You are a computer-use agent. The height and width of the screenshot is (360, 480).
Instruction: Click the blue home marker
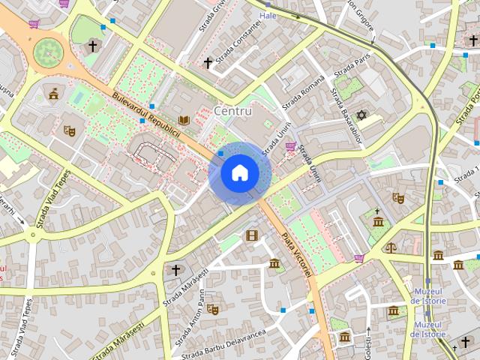[x=239, y=173]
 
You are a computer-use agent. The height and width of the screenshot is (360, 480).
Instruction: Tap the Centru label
[x=233, y=111]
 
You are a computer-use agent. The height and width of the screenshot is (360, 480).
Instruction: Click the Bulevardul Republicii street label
[x=148, y=117]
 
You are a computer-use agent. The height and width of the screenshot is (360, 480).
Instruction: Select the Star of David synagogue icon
[x=361, y=115]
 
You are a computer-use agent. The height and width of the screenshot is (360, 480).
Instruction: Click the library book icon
[x=184, y=120]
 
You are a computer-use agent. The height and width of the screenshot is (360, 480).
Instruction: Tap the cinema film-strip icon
[x=251, y=235]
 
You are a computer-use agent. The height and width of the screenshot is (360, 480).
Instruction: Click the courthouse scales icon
[x=390, y=247]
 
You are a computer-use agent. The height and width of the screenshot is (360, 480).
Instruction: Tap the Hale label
[x=268, y=15]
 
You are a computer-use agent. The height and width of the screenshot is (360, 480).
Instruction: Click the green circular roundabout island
[x=49, y=52]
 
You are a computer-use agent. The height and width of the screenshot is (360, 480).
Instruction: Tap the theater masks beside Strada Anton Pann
[x=212, y=307]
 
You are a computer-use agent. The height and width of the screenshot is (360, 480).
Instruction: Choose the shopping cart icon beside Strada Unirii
[x=290, y=147]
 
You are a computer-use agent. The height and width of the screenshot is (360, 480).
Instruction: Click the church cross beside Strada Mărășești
[x=175, y=270]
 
